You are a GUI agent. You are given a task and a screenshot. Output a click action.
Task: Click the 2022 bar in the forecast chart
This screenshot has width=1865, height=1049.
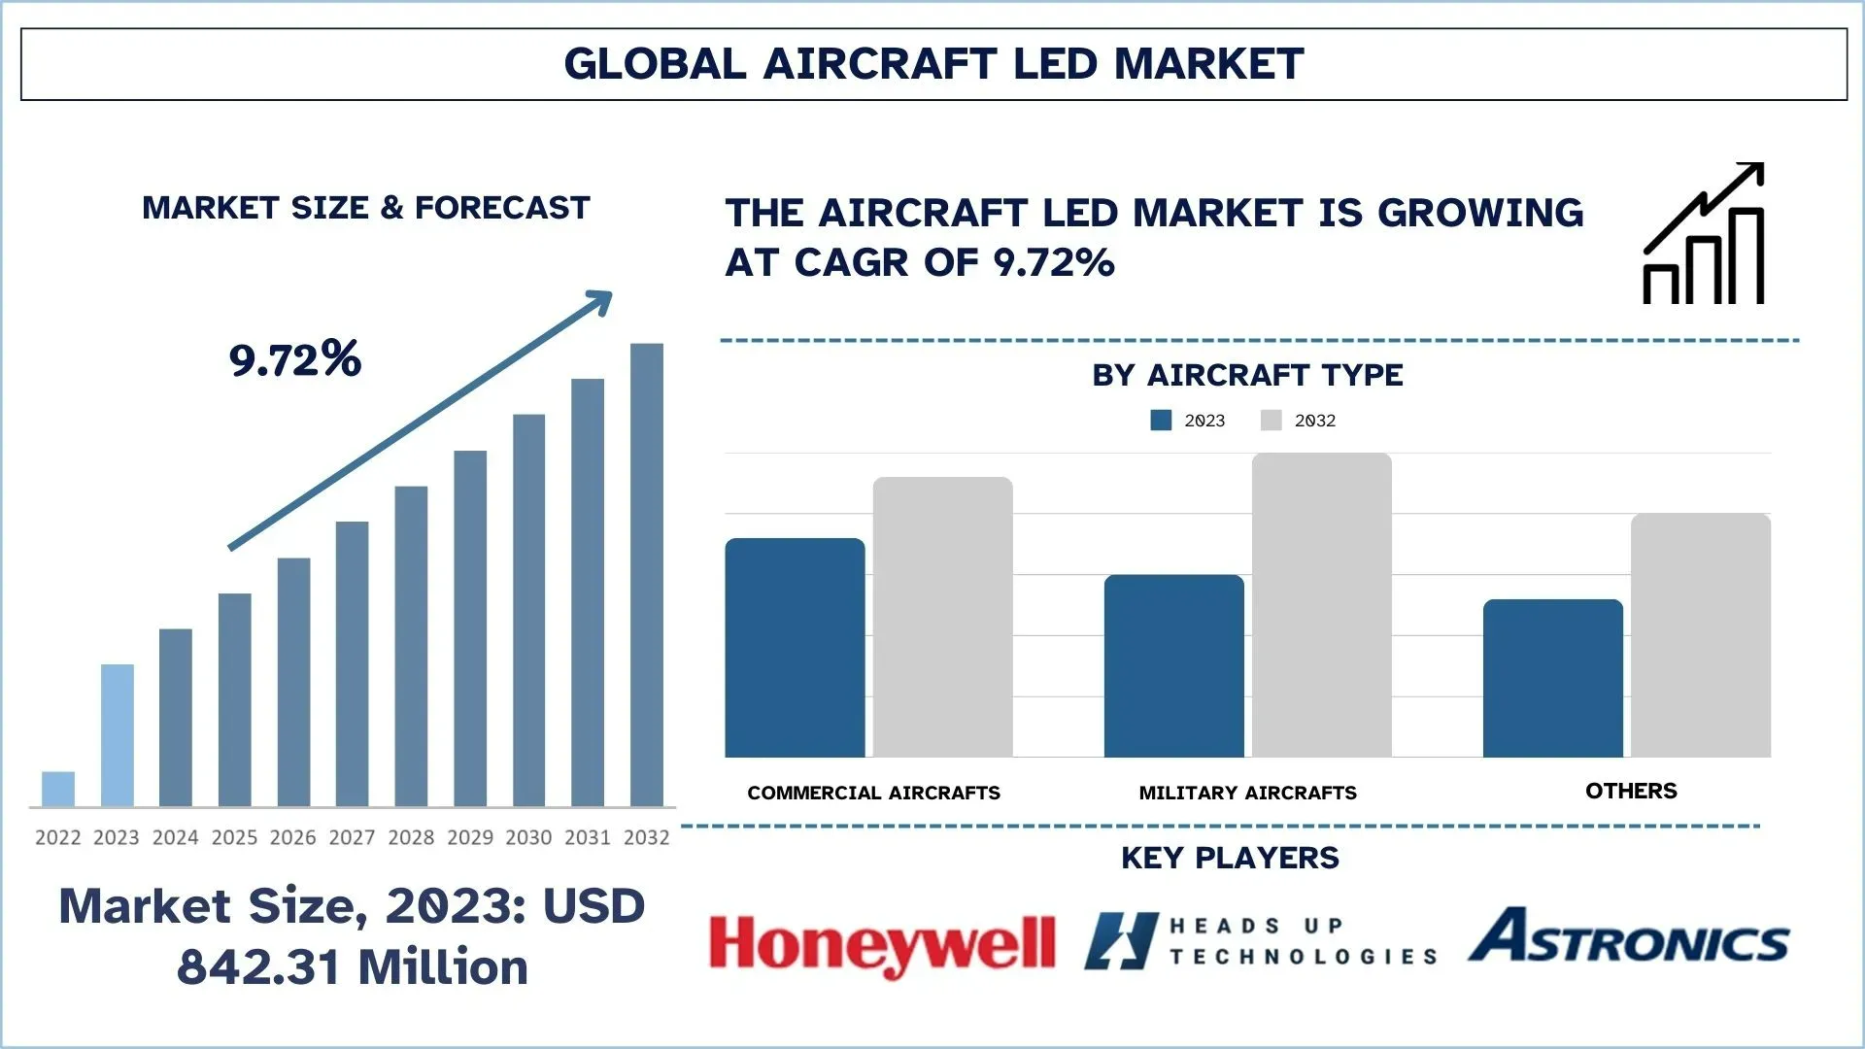click(x=58, y=789)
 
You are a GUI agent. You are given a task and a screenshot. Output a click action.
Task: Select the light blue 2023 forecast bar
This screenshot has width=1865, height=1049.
click(x=118, y=735)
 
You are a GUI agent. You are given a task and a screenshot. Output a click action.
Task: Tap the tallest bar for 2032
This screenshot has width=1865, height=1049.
click(x=647, y=575)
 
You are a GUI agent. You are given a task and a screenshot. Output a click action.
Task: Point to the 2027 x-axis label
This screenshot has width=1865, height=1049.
click(x=352, y=837)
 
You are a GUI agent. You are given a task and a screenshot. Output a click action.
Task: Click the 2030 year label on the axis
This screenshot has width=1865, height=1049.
click(x=528, y=837)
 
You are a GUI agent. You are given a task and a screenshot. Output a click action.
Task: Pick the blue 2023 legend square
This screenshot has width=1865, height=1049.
click(x=1161, y=420)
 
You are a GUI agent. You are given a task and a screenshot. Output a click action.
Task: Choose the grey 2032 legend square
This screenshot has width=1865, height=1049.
click(x=1272, y=420)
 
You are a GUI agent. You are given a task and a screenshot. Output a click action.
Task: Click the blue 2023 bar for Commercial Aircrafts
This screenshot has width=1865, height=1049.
click(x=795, y=648)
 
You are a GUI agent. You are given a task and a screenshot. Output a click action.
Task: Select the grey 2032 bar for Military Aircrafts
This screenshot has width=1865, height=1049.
click(x=1321, y=605)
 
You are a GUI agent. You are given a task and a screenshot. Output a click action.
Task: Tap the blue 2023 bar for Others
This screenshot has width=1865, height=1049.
click(x=1553, y=678)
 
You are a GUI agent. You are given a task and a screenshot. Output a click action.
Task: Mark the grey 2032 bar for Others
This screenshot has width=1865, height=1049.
click(x=1701, y=635)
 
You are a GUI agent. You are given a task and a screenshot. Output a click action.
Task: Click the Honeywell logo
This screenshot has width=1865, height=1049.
click(x=882, y=944)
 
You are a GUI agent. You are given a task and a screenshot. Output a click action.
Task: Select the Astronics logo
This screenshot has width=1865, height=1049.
click(x=1629, y=936)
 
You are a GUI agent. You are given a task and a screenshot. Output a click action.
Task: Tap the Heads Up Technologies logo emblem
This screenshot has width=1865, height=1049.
click(x=1122, y=941)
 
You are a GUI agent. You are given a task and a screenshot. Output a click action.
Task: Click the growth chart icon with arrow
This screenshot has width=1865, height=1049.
click(x=1704, y=233)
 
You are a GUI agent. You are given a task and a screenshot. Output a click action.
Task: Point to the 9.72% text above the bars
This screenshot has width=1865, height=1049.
click(x=295, y=359)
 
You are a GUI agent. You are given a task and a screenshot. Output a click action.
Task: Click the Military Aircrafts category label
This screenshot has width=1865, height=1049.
click(x=1248, y=793)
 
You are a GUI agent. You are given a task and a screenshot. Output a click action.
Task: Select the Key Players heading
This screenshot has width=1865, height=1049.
click(x=1230, y=858)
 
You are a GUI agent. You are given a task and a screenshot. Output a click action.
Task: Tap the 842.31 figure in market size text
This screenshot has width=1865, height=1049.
click(x=257, y=967)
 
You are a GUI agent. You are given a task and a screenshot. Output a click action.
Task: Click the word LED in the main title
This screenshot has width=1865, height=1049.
click(x=1056, y=64)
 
